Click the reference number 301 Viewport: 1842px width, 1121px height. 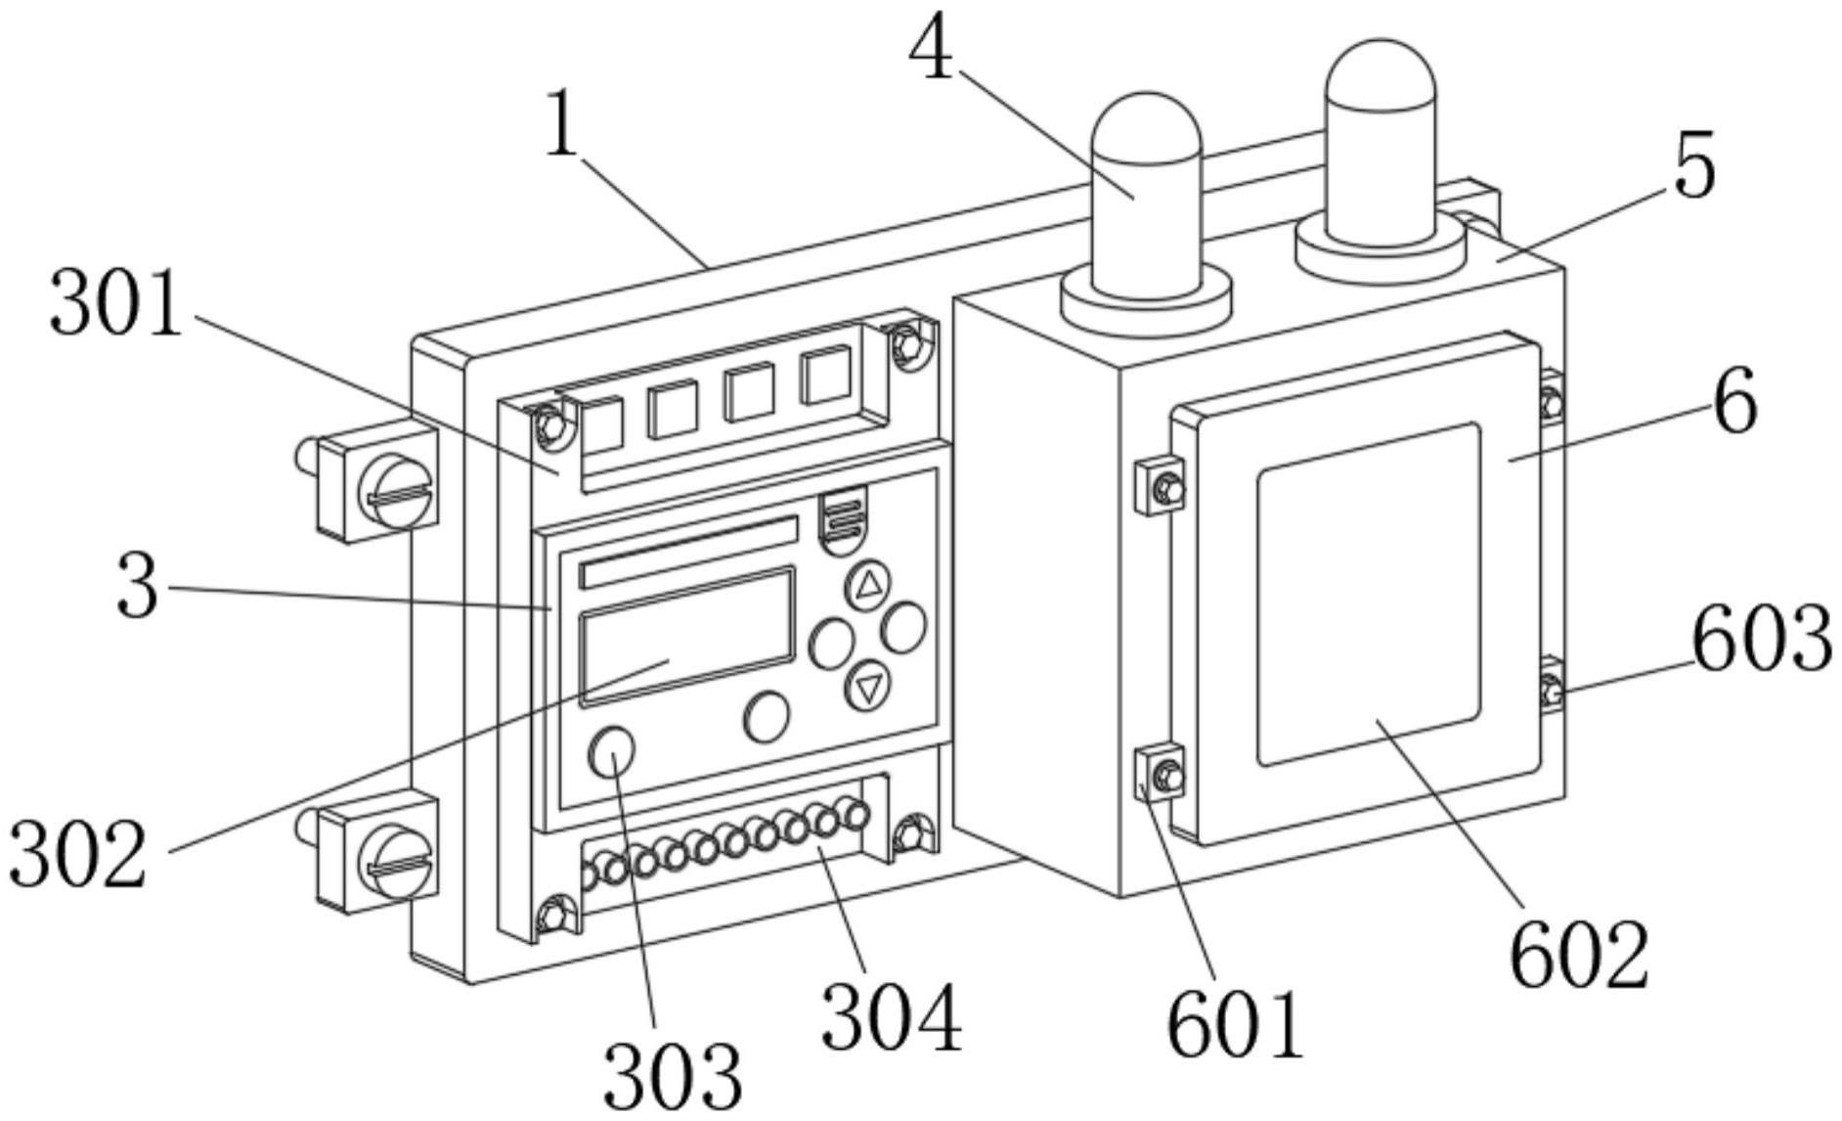[x=115, y=303]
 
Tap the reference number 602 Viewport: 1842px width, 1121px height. [x=1579, y=954]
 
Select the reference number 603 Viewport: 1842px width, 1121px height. [x=1761, y=639]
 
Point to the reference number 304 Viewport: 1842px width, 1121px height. [x=891, y=1017]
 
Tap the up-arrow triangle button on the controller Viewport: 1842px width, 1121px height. [x=867, y=585]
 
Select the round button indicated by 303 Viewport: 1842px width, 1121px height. [x=612, y=750]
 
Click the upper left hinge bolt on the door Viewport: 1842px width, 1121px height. [x=1166, y=486]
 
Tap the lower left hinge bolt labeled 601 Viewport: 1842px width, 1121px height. [x=1165, y=776]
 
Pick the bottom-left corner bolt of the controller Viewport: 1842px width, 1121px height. [x=552, y=916]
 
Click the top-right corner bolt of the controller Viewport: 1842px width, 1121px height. [x=907, y=341]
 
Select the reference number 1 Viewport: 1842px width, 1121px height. [x=561, y=123]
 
